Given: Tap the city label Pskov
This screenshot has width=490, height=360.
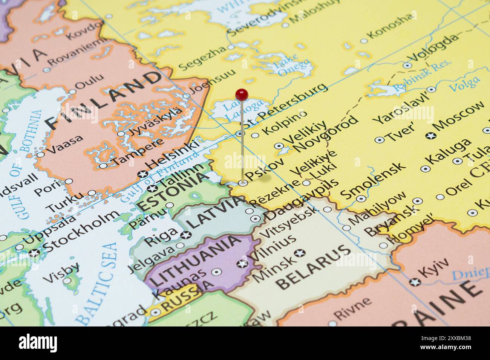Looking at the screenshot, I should pyautogui.click(x=264, y=170).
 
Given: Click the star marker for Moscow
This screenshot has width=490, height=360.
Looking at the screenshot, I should pyautogui.click(x=430, y=135).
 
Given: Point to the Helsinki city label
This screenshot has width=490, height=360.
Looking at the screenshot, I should pyautogui.click(x=171, y=154).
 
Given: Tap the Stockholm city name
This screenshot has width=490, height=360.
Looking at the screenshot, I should pyautogui.click(x=81, y=231).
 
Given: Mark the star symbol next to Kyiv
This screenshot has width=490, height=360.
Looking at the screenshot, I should pyautogui.click(x=415, y=282).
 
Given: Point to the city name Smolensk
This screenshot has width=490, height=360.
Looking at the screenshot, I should pyautogui.click(x=373, y=181).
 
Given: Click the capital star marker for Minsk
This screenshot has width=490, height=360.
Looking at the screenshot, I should pyautogui.click(x=300, y=252).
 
